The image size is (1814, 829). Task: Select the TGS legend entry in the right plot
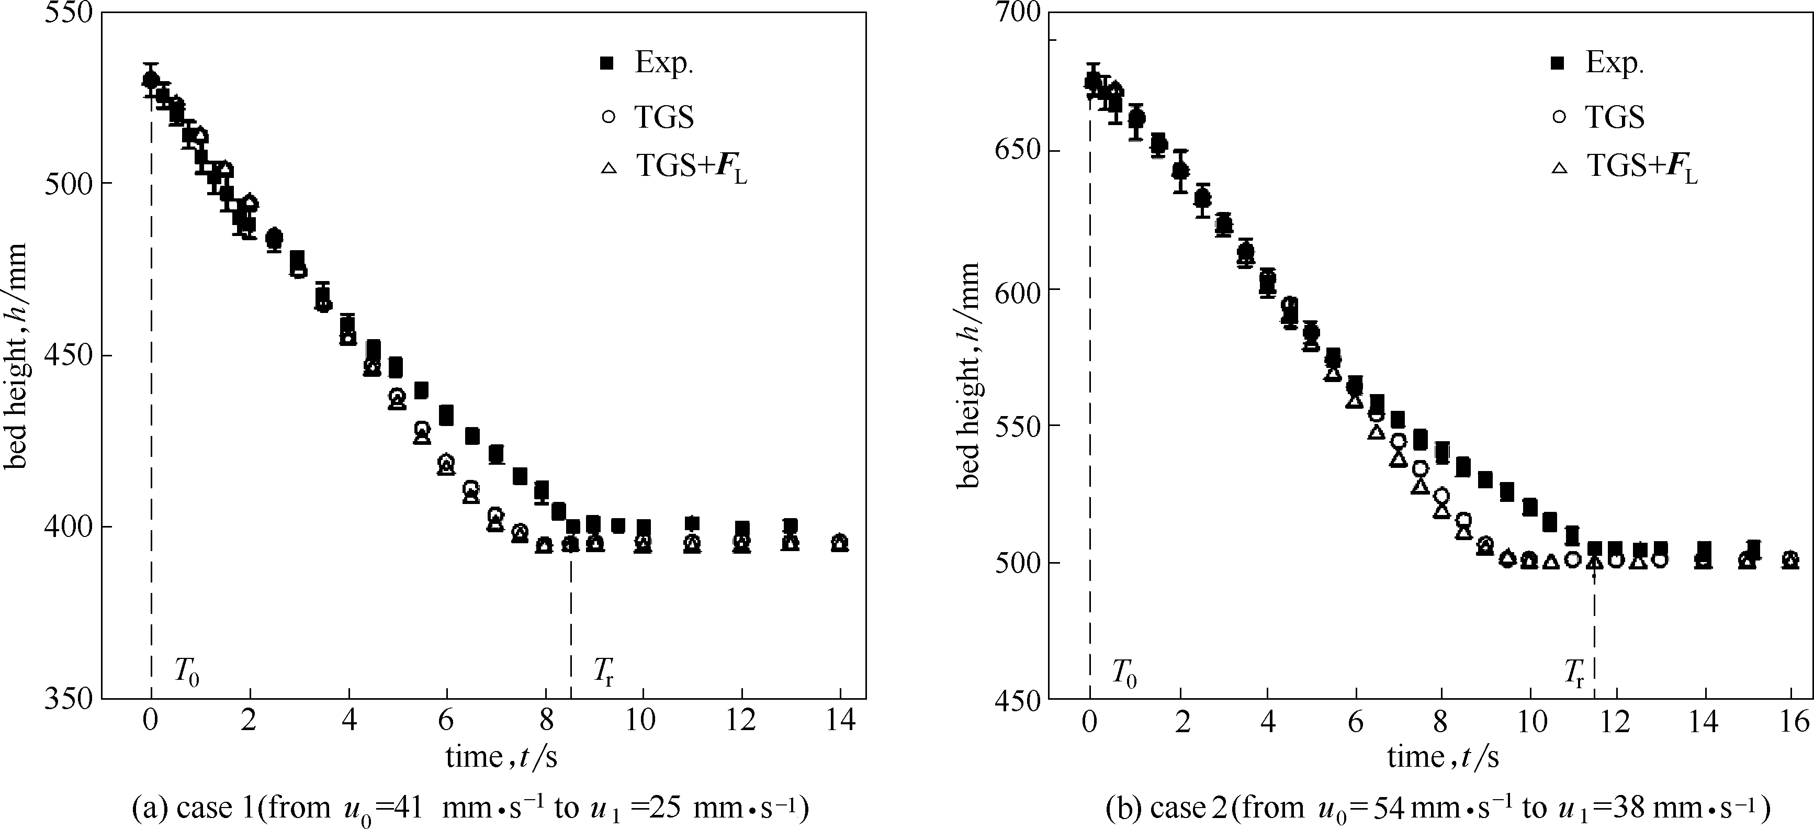[1614, 117]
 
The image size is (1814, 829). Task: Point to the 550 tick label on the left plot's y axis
[69, 14]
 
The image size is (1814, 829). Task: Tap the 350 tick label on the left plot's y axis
[69, 699]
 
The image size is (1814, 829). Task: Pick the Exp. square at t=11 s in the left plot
[692, 523]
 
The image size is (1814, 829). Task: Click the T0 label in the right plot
[1124, 674]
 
